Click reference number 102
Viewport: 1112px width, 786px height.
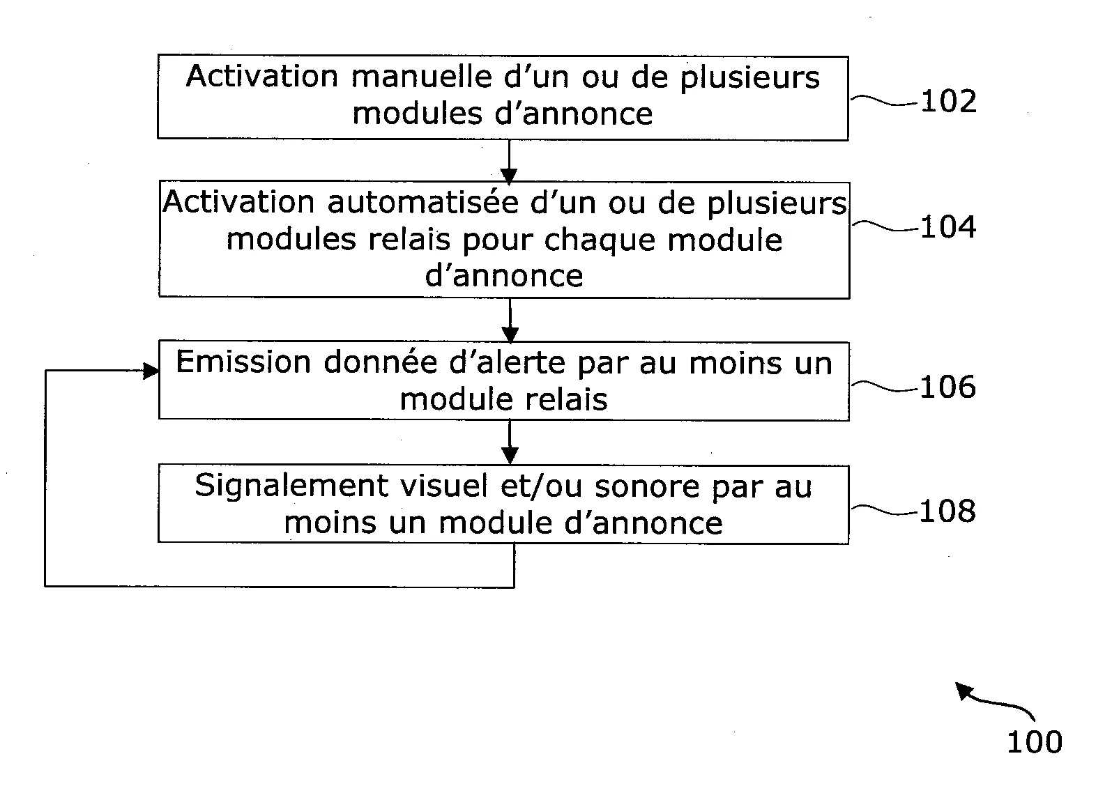948,102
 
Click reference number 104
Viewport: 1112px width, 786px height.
948,228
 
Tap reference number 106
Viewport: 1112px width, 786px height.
947,387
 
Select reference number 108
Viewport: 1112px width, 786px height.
947,511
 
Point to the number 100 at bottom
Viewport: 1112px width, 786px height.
1034,742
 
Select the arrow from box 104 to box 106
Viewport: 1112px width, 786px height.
510,321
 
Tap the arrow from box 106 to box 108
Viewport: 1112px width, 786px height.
510,442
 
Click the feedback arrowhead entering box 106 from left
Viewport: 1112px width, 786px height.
150,371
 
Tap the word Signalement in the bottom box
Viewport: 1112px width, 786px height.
291,486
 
